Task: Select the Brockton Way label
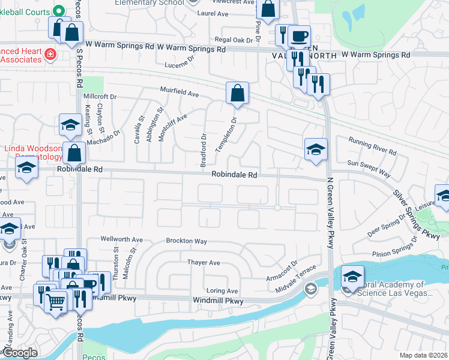pos(187,241)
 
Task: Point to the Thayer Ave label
pos(203,263)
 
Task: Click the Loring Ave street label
pos(222,290)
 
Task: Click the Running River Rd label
pos(372,146)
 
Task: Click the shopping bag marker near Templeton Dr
pos(237,94)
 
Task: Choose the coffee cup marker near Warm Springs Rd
pos(298,35)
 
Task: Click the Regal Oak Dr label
pos(236,40)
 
